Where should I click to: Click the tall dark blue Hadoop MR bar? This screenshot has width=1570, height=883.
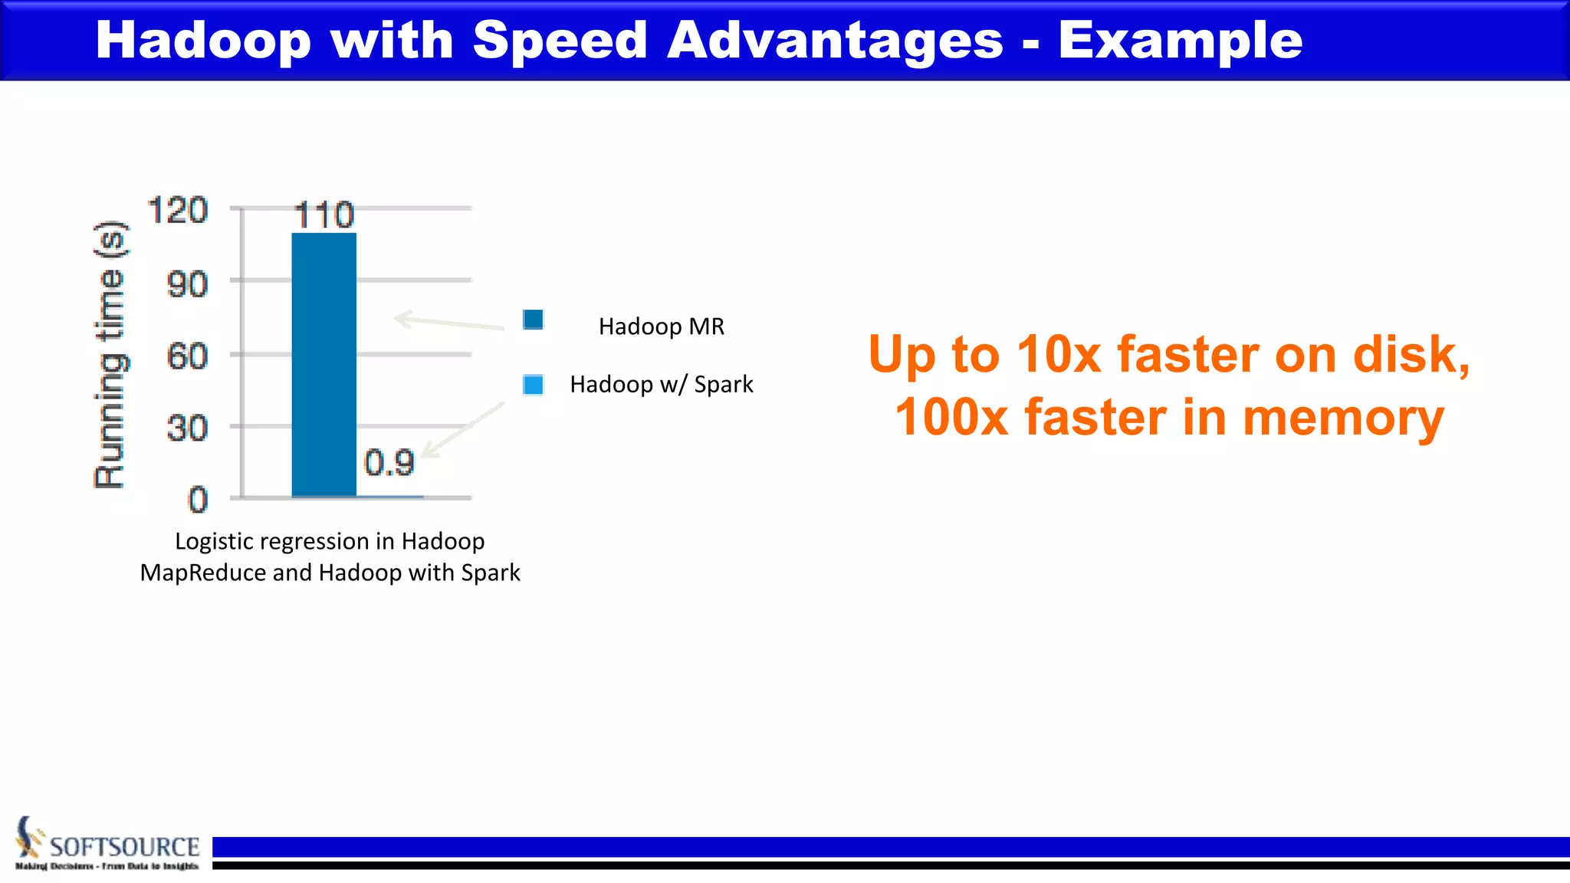click(x=324, y=365)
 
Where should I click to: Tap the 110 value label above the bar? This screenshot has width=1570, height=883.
click(x=324, y=215)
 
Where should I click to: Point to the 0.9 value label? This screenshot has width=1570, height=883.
click(x=389, y=463)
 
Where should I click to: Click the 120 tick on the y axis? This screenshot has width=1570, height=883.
click(x=177, y=211)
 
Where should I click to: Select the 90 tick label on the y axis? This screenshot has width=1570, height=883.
click(x=187, y=285)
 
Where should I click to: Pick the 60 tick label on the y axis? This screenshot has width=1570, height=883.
click(x=187, y=357)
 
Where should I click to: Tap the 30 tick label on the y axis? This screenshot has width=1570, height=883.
click(x=187, y=428)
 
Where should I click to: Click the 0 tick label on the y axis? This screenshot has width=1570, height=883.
click(x=198, y=501)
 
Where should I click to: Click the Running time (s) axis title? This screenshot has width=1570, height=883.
click(x=109, y=354)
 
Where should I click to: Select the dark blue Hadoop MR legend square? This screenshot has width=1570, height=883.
click(x=533, y=320)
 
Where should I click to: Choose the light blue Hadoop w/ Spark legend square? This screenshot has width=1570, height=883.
click(x=533, y=384)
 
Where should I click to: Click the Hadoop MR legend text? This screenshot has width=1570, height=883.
click(x=661, y=327)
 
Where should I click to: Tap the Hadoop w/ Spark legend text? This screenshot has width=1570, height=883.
click(x=661, y=384)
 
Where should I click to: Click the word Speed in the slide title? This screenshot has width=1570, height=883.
click(x=560, y=40)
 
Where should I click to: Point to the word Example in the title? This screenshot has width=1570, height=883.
click(x=1180, y=40)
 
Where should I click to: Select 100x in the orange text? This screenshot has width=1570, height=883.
click(x=951, y=418)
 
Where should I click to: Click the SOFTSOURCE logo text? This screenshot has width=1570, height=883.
click(x=124, y=847)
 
